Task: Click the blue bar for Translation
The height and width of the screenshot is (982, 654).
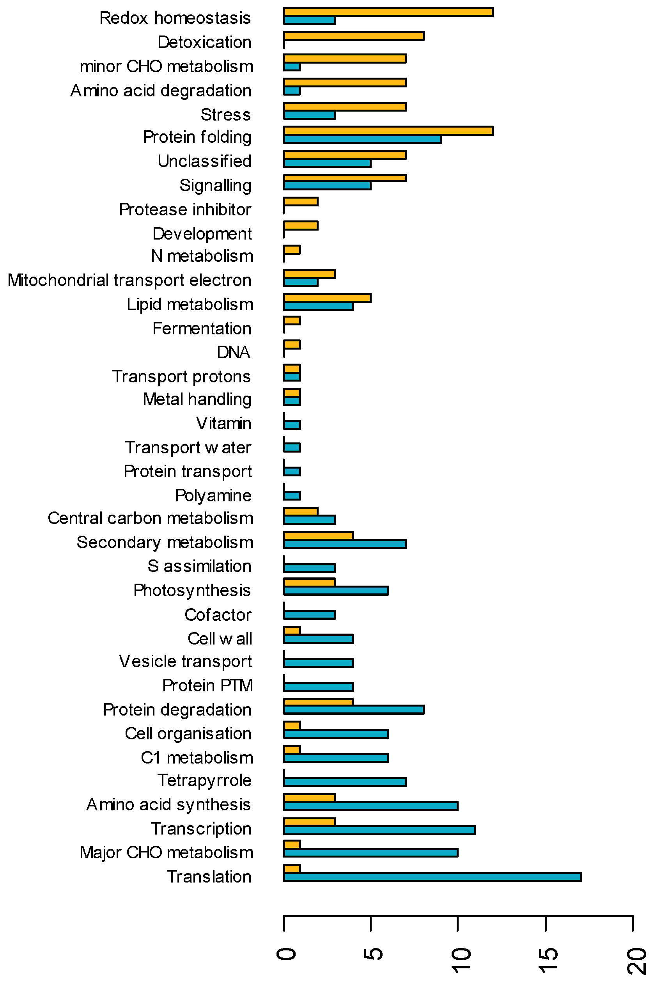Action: coord(432,877)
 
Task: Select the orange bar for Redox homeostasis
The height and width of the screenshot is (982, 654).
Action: coord(388,12)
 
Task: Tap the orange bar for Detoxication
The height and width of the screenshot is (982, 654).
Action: coord(354,36)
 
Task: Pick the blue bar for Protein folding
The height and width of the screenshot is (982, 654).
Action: coord(362,139)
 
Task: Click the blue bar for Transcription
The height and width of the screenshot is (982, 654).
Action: coord(379,830)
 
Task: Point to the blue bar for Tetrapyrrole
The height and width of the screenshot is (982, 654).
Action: coord(345,782)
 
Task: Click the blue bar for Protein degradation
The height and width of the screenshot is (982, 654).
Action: coord(354,710)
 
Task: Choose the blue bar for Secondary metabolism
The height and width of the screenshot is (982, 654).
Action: coord(345,544)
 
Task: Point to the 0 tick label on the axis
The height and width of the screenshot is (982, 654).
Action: coord(286,954)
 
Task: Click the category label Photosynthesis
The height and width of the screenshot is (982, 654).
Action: coord(192,590)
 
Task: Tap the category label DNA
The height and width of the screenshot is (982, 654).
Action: coord(233,353)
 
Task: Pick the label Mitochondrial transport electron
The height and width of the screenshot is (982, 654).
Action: coord(129,281)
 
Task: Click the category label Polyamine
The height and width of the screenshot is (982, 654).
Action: coord(213,495)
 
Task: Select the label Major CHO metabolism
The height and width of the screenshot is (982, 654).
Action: coord(167,853)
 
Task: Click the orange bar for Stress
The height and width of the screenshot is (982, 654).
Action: coord(345,107)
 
